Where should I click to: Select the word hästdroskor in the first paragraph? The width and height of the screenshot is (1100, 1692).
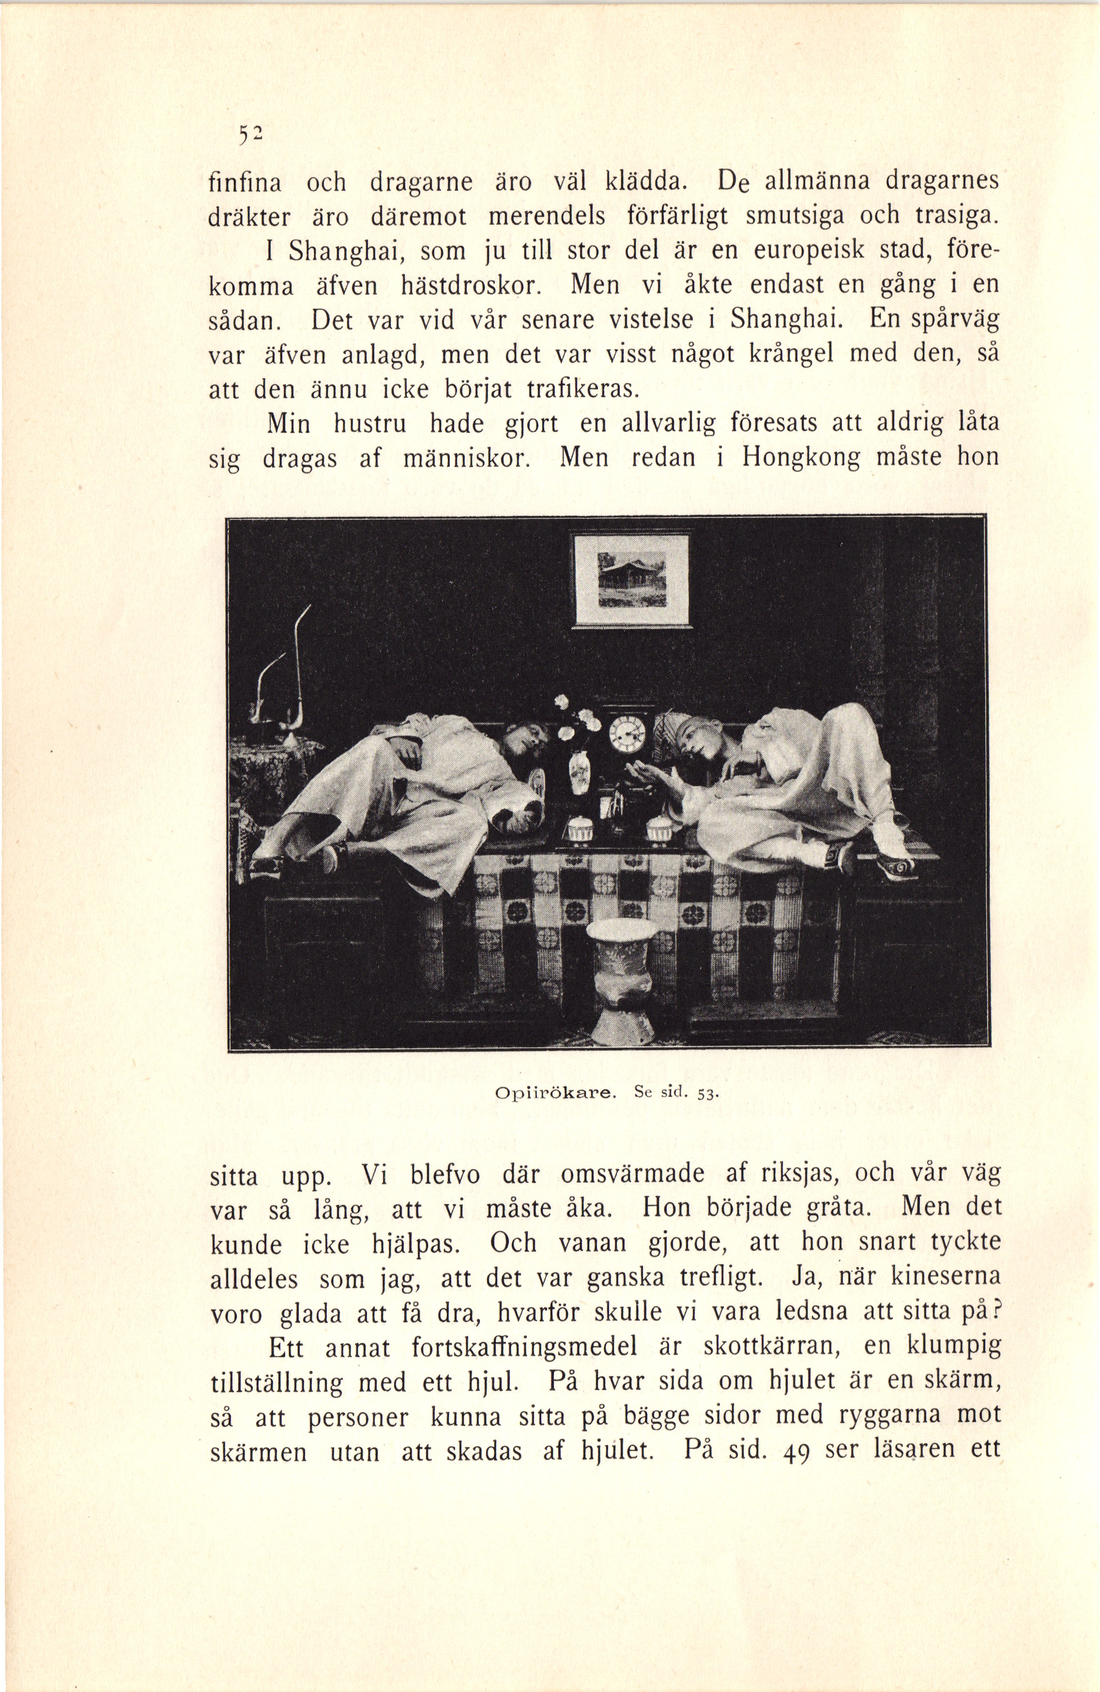(x=464, y=286)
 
